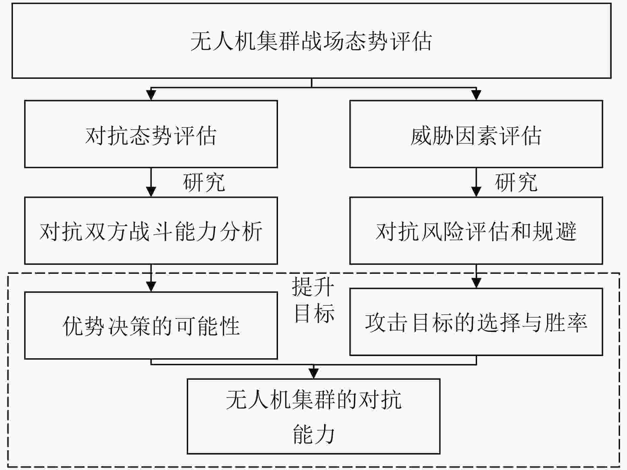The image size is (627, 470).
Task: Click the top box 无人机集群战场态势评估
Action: pyautogui.click(x=312, y=41)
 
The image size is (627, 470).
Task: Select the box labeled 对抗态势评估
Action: pyautogui.click(x=151, y=134)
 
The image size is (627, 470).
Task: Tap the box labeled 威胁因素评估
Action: pyautogui.click(x=476, y=134)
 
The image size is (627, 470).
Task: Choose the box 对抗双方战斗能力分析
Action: pyautogui.click(x=151, y=231)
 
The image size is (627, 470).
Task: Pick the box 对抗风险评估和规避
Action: pyautogui.click(x=476, y=231)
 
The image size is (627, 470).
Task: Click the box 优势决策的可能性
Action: pyautogui.click(x=151, y=325)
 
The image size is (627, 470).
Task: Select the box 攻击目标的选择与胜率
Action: pyautogui.click(x=476, y=322)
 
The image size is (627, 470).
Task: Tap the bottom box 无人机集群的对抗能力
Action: pyautogui.click(x=313, y=416)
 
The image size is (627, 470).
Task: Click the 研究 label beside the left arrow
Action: pyautogui.click(x=204, y=182)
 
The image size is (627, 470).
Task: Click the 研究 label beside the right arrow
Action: pyautogui.click(x=516, y=182)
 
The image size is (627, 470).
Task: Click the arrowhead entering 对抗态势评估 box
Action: pyautogui.click(x=151, y=95)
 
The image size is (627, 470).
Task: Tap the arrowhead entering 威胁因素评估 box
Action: pyautogui.click(x=476, y=95)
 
